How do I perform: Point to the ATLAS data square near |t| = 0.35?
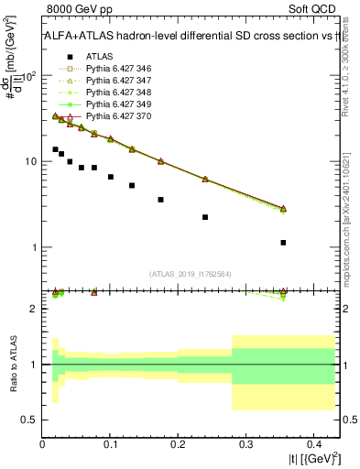[283, 243]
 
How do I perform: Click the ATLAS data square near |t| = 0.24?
[205, 217]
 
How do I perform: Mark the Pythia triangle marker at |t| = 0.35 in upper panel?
[283, 209]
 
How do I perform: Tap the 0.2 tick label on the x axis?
[178, 443]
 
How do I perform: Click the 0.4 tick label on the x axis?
[312, 443]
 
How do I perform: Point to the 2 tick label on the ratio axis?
[35, 309]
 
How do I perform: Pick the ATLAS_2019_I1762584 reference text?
[191, 273]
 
